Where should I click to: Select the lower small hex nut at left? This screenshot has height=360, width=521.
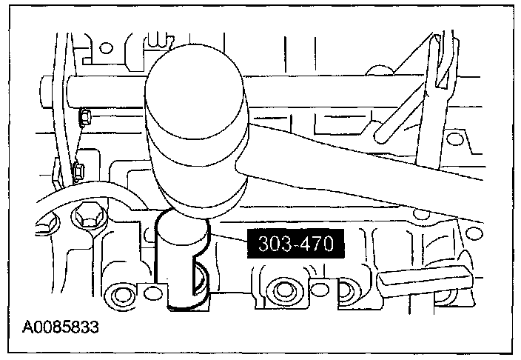79,172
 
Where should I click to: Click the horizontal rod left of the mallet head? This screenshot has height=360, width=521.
104,90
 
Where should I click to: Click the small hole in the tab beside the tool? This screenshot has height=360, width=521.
153,293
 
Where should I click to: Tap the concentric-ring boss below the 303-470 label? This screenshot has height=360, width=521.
282,287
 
